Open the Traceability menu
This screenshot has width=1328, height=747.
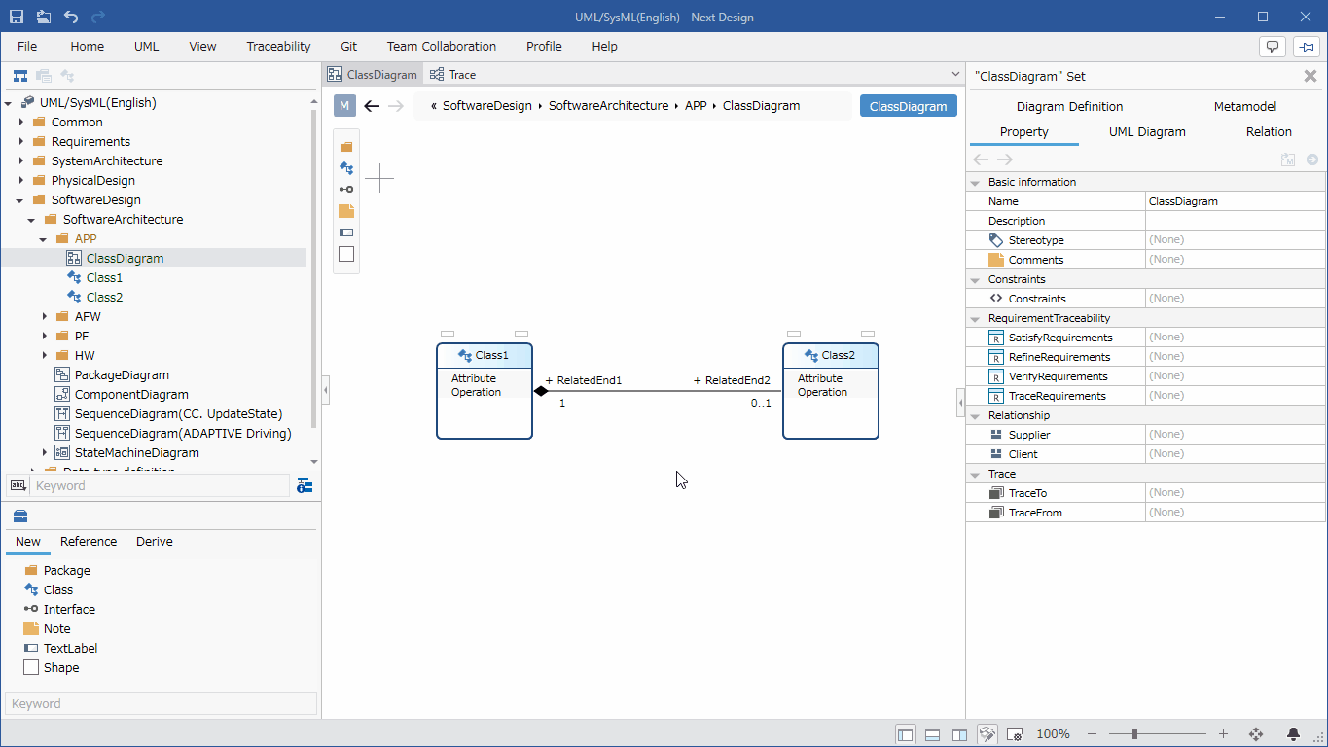278,47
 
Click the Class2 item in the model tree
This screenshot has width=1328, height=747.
104,297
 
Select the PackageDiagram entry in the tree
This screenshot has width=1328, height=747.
122,374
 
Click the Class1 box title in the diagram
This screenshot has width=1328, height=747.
491,355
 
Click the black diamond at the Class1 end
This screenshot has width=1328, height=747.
541,391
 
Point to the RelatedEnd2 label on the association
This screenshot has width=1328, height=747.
732,380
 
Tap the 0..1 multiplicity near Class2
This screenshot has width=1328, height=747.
761,403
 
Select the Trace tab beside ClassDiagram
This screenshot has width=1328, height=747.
462,75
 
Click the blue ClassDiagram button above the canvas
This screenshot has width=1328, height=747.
909,106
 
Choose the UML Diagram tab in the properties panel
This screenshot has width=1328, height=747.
1147,131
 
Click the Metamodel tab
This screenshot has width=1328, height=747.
1245,106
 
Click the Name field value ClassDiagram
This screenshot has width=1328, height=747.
1183,201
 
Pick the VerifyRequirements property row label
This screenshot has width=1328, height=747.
1059,376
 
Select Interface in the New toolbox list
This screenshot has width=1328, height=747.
69,609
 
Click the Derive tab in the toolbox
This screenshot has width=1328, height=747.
154,541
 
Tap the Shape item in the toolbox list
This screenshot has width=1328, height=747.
61,667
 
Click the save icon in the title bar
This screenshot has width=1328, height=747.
16,17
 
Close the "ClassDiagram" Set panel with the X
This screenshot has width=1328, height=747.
1310,76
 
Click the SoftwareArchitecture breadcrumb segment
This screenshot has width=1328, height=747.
608,105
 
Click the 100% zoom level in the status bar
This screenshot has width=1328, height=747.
1053,734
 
